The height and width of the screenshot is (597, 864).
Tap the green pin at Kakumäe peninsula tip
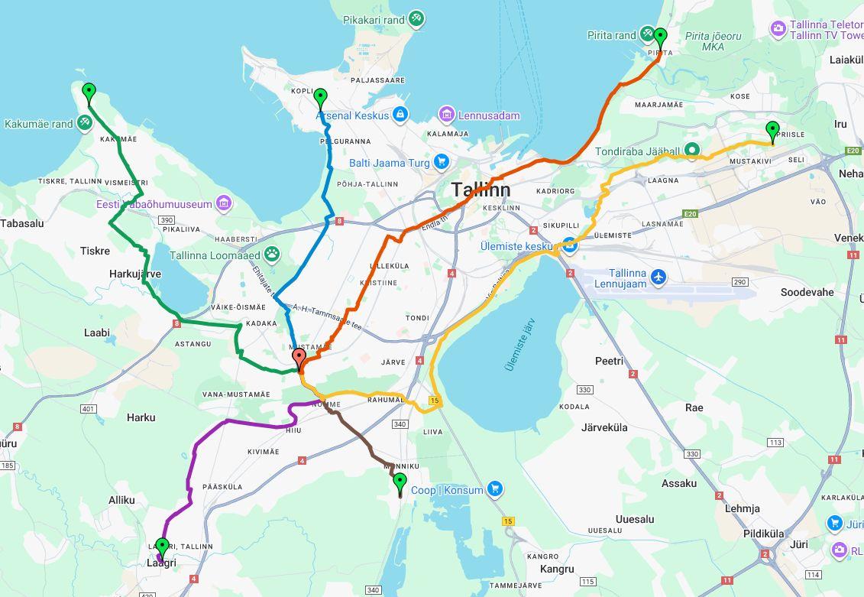(x=89, y=92)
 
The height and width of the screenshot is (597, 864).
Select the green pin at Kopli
(x=320, y=97)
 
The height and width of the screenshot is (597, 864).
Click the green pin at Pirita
(x=660, y=36)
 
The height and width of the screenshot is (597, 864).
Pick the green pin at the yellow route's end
(x=772, y=131)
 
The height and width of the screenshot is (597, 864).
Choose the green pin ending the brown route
(x=400, y=482)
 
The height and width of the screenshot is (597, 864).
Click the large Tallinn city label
(x=480, y=190)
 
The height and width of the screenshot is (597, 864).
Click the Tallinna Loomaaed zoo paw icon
(x=273, y=255)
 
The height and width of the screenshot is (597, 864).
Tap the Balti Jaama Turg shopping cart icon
(x=441, y=162)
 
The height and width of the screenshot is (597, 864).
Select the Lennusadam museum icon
(x=447, y=115)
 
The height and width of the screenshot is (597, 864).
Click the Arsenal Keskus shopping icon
(x=399, y=115)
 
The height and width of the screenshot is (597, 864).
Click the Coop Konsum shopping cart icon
(x=495, y=489)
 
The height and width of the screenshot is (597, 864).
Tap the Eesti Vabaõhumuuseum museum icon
(x=224, y=203)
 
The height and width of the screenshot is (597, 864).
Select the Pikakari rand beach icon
(x=416, y=18)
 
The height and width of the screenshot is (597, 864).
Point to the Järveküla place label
(x=604, y=427)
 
